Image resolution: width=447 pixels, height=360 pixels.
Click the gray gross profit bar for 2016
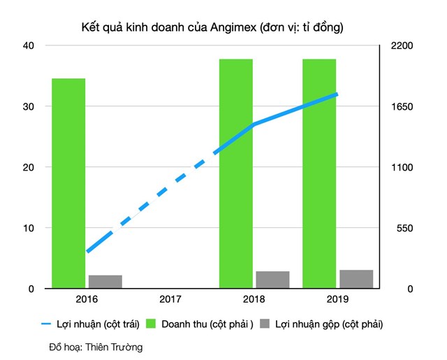click(x=105, y=282)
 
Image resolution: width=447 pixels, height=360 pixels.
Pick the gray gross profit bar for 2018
click(x=272, y=280)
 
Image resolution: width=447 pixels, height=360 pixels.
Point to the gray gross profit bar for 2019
click(x=356, y=279)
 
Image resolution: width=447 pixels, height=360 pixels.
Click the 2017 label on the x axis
click(x=170, y=299)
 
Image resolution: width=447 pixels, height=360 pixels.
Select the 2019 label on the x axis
click(x=337, y=299)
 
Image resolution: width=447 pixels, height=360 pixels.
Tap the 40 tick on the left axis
click(x=30, y=46)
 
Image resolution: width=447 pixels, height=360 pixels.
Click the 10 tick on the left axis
click(x=30, y=229)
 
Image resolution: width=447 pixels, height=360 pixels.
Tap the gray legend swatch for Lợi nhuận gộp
click(x=265, y=324)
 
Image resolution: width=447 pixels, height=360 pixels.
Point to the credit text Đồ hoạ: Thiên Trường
click(x=95, y=346)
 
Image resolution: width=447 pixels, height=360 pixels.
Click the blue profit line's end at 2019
click(x=337, y=94)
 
